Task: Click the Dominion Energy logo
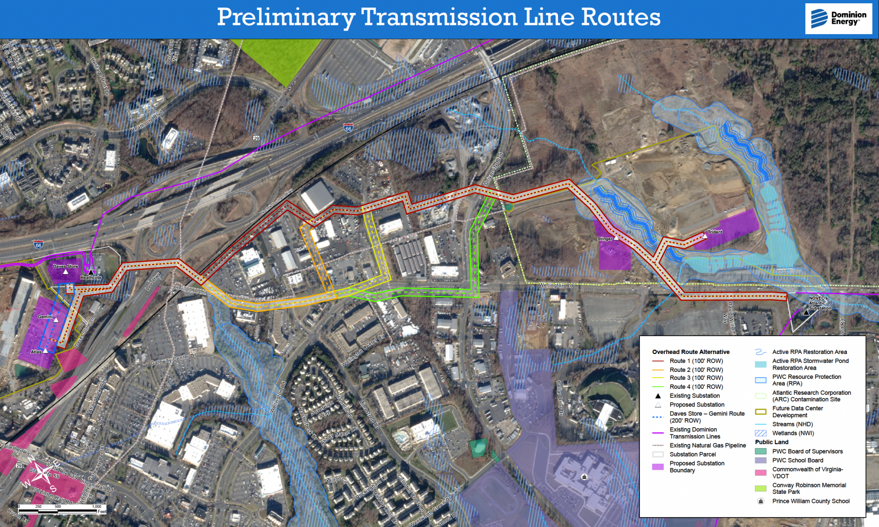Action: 838,18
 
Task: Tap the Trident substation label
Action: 714,232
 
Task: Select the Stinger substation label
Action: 605,239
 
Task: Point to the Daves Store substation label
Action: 66,266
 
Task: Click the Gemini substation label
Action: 45,317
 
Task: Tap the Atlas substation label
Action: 36,352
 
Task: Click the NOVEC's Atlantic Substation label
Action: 819,303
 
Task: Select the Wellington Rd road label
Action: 556,285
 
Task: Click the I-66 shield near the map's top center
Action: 348,128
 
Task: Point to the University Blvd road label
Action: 494,168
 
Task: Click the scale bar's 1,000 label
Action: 96,506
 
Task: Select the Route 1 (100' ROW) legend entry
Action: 696,361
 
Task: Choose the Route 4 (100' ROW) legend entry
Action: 696,387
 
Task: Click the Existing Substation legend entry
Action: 694,396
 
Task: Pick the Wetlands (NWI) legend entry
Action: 793,433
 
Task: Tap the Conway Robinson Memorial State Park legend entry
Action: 809,488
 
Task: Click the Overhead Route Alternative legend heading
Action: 690,352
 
